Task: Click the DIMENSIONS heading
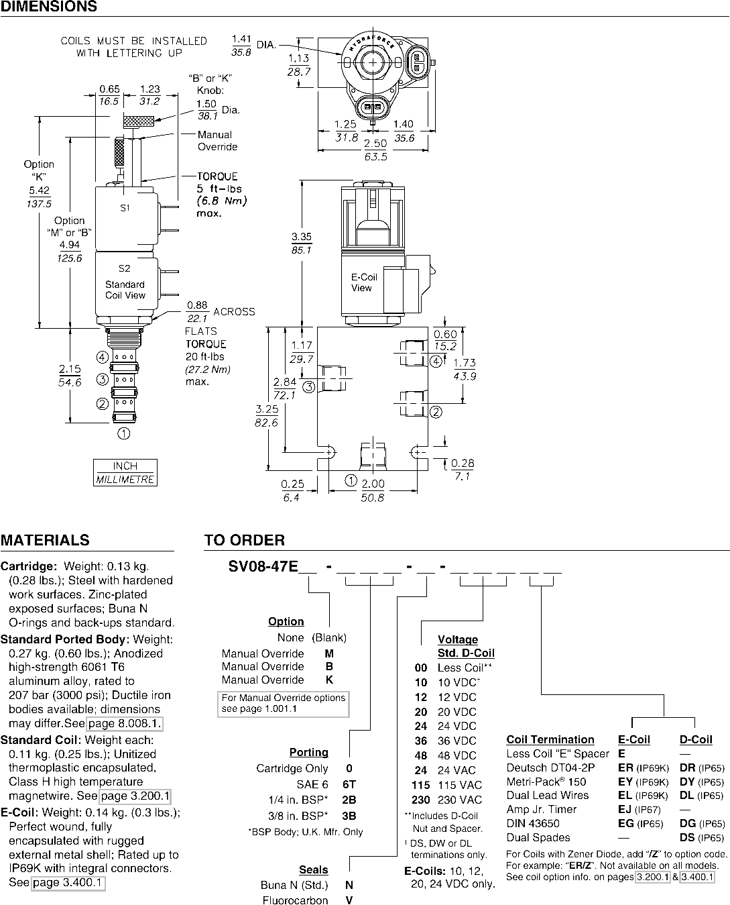[49, 7]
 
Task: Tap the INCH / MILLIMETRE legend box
[125, 472]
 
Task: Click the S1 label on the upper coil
[125, 208]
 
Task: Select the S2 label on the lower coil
[125, 268]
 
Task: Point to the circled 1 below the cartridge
[123, 433]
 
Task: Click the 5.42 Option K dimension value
[39, 191]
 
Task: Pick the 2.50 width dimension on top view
[375, 143]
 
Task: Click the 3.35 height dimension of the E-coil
[302, 237]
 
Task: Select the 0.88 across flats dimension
[197, 305]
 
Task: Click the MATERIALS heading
[45, 540]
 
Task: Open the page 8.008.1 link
[125, 723]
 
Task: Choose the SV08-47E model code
[263, 566]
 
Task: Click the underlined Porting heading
[308, 752]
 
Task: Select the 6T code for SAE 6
[349, 784]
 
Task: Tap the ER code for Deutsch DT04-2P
[625, 767]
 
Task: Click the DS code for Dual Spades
[687, 837]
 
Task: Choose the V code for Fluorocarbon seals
[349, 900]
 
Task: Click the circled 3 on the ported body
[308, 387]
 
